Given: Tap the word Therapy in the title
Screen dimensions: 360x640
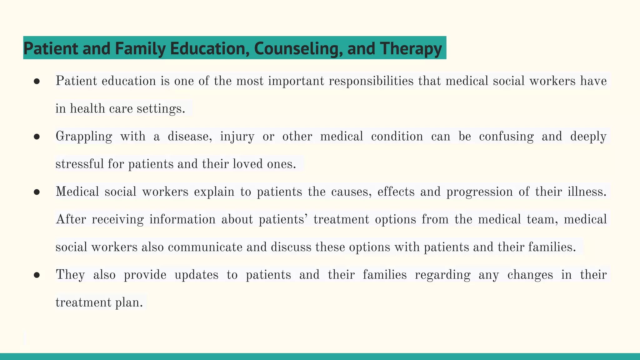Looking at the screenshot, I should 411,48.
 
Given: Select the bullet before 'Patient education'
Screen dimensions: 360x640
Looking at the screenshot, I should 37,81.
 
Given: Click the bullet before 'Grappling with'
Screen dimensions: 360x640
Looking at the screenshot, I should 37,137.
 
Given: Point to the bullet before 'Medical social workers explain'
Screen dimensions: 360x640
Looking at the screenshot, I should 37,192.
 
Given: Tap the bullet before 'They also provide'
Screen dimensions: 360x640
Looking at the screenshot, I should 37,275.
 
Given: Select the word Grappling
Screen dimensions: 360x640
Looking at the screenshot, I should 84,137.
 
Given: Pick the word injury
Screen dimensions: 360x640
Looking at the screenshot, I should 237,137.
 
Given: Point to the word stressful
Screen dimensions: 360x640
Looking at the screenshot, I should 79,164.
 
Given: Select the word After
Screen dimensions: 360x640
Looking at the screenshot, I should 71,219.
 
